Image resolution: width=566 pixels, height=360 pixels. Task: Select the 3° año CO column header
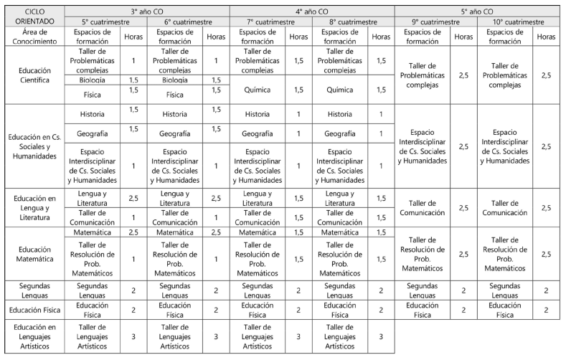click(147, 11)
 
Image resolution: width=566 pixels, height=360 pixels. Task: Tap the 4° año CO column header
click(312, 11)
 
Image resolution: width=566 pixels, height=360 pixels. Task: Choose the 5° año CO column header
click(477, 11)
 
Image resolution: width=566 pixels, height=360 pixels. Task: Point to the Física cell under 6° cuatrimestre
click(175, 94)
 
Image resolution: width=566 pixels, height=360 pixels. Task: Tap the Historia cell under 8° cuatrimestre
click(340, 114)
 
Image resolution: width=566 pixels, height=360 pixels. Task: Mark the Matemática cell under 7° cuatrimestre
click(258, 232)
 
